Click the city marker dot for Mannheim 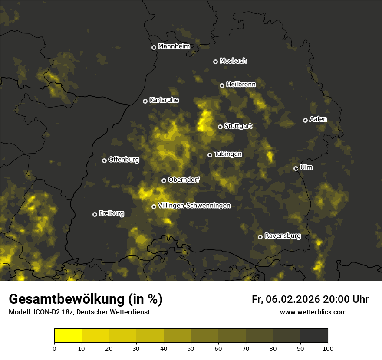[x=154, y=48]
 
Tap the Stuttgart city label [x=238, y=126]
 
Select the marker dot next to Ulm [x=296, y=168]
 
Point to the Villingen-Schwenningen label [x=194, y=206]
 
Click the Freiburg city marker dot [x=95, y=214]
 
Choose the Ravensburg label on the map [x=282, y=236]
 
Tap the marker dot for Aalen [x=305, y=120]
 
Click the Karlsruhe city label [x=164, y=100]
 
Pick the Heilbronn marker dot [x=222, y=85]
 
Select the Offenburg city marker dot [x=104, y=160]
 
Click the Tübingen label [x=228, y=154]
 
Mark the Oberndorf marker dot [x=164, y=180]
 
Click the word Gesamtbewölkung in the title [x=65, y=299]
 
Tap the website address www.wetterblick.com [x=313, y=312]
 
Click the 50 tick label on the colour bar [x=191, y=348]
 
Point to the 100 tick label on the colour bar [x=328, y=348]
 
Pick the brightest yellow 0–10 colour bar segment [x=68, y=336]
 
